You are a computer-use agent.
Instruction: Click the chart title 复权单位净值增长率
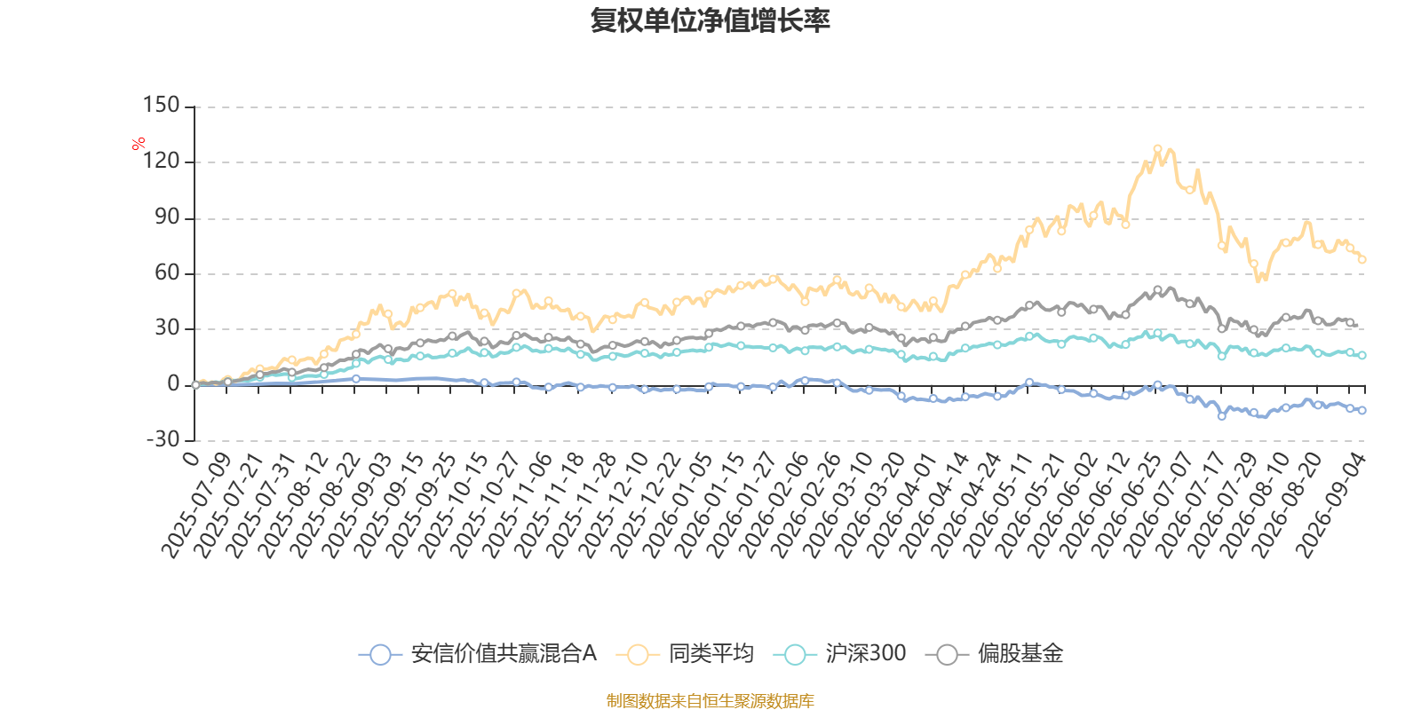click(710, 21)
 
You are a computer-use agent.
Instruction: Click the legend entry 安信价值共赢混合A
click(478, 653)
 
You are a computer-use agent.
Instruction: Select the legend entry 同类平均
click(685, 653)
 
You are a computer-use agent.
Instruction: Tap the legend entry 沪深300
click(840, 653)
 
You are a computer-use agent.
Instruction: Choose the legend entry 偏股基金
click(994, 653)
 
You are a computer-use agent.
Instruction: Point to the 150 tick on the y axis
click(161, 105)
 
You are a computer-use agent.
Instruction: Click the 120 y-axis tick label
click(161, 161)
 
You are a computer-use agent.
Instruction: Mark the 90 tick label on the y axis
click(168, 217)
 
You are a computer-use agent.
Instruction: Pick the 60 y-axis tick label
click(168, 272)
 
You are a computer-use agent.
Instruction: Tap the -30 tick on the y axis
click(163, 438)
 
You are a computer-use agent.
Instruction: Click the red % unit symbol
click(139, 144)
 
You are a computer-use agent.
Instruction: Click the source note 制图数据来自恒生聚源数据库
click(710, 700)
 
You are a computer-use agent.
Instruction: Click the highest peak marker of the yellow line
click(1158, 149)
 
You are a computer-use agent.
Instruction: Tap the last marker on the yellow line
click(1362, 259)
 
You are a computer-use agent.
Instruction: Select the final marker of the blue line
click(1362, 410)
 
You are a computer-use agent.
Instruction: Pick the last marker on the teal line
click(1362, 356)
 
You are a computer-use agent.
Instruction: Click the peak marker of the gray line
click(1158, 289)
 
